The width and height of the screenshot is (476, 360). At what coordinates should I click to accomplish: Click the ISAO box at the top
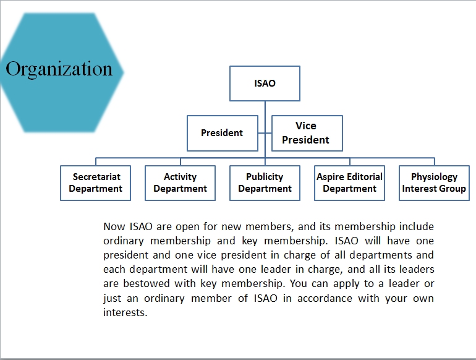pyautogui.click(x=265, y=84)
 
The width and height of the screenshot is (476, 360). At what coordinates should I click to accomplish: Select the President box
pyautogui.click(x=222, y=133)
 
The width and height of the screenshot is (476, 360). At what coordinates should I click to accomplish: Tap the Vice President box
pyautogui.click(x=307, y=133)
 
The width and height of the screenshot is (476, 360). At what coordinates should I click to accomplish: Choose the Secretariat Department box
pyautogui.click(x=95, y=183)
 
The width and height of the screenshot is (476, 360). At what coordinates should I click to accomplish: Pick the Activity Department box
pyautogui.click(x=180, y=183)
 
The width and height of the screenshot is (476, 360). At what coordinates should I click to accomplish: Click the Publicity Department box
pyautogui.click(x=265, y=183)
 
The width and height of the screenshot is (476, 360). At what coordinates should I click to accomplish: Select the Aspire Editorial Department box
pyautogui.click(x=349, y=183)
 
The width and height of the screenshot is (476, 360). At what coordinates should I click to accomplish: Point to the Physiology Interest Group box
pyautogui.click(x=434, y=183)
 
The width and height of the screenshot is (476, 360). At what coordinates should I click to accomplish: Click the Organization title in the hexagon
pyautogui.click(x=59, y=69)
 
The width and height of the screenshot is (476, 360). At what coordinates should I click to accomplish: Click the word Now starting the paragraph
pyautogui.click(x=114, y=226)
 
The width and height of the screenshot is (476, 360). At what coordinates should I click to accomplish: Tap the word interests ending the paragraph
pyautogui.click(x=125, y=312)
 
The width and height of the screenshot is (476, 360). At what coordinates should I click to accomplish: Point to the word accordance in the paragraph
pyautogui.click(x=325, y=298)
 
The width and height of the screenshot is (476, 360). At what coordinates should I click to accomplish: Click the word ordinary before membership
pyautogui.click(x=124, y=241)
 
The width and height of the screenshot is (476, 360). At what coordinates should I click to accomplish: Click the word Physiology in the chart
pyautogui.click(x=434, y=177)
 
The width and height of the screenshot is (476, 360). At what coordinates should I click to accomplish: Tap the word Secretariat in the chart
pyautogui.click(x=96, y=176)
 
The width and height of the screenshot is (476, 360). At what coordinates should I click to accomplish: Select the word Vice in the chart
pyautogui.click(x=306, y=126)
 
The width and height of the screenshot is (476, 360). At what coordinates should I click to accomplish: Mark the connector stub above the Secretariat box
pyautogui.click(x=96, y=161)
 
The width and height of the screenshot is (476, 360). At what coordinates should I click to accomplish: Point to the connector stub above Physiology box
pyautogui.click(x=435, y=161)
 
